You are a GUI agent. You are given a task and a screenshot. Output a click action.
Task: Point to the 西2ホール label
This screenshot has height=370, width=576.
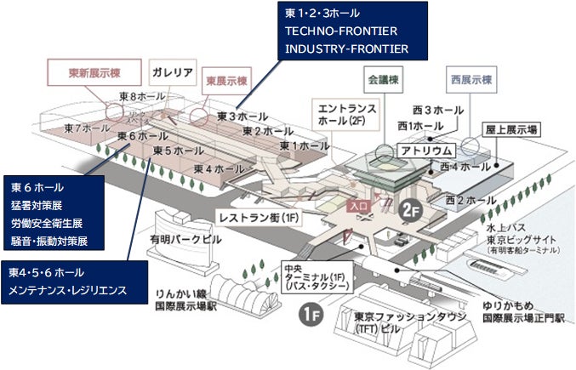tap(470, 200)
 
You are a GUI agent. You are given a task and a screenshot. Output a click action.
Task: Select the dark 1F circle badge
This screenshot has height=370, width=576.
tap(311, 316)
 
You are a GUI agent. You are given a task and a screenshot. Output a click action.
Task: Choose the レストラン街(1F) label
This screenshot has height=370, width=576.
tap(259, 218)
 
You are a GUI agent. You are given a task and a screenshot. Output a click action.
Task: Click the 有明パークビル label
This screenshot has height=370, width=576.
tap(185, 240)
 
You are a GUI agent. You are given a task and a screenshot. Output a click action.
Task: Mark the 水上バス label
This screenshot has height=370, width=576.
tap(505, 229)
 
